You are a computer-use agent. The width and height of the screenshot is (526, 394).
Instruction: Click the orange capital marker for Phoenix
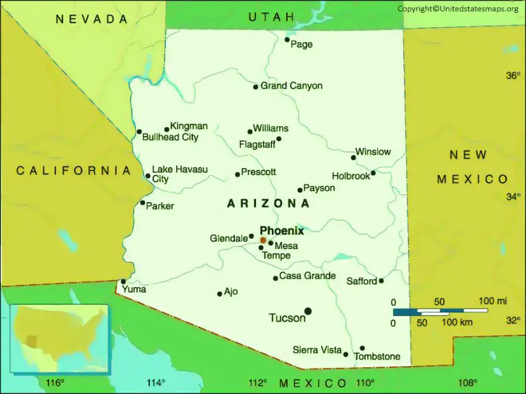click(x=263, y=240)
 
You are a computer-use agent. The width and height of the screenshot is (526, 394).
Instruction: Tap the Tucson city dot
click(x=308, y=311)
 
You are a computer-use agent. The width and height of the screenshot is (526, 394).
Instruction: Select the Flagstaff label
click(x=257, y=144)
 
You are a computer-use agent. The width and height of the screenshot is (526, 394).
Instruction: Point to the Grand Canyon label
click(x=291, y=86)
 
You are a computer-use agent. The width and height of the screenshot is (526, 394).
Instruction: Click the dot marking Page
click(x=287, y=40)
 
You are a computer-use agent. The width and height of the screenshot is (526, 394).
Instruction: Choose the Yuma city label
click(x=134, y=289)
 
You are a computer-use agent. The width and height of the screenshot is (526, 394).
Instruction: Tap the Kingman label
click(x=188, y=126)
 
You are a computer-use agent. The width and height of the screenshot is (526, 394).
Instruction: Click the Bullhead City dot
click(x=139, y=132)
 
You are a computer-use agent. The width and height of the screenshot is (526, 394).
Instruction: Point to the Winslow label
click(x=373, y=152)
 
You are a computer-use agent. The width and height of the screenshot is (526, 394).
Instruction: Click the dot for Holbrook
click(x=373, y=172)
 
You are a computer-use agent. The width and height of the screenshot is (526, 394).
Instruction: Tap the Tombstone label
click(x=377, y=356)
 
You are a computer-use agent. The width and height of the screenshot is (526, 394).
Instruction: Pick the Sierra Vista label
click(x=317, y=350)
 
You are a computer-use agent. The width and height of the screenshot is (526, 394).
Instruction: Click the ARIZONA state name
click(x=268, y=203)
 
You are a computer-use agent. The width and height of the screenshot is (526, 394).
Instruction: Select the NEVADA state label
click(x=92, y=19)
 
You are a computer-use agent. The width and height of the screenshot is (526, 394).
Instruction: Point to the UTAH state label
click(x=271, y=16)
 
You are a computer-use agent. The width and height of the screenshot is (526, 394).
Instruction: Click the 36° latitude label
click(x=514, y=76)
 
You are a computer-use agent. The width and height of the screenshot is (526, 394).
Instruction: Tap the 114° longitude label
click(x=155, y=382)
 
